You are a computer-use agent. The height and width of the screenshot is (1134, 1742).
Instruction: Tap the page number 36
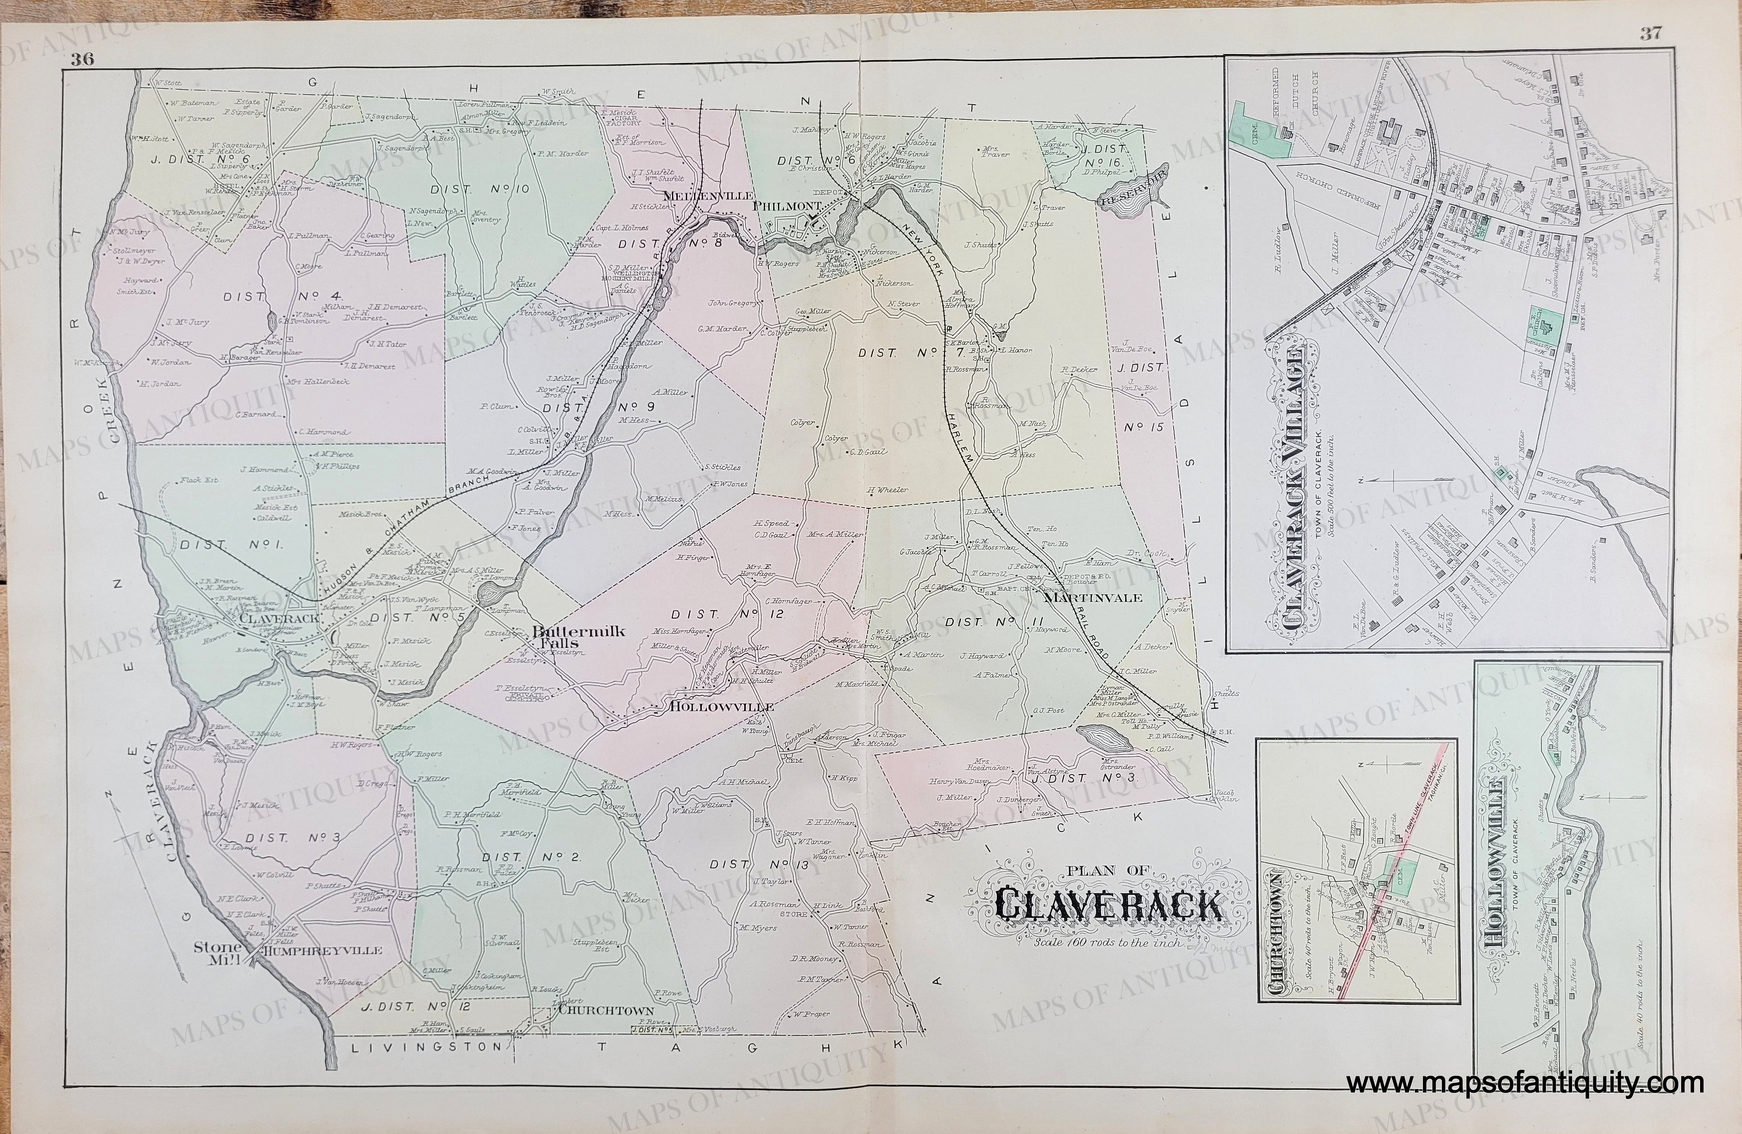pyautogui.click(x=82, y=61)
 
